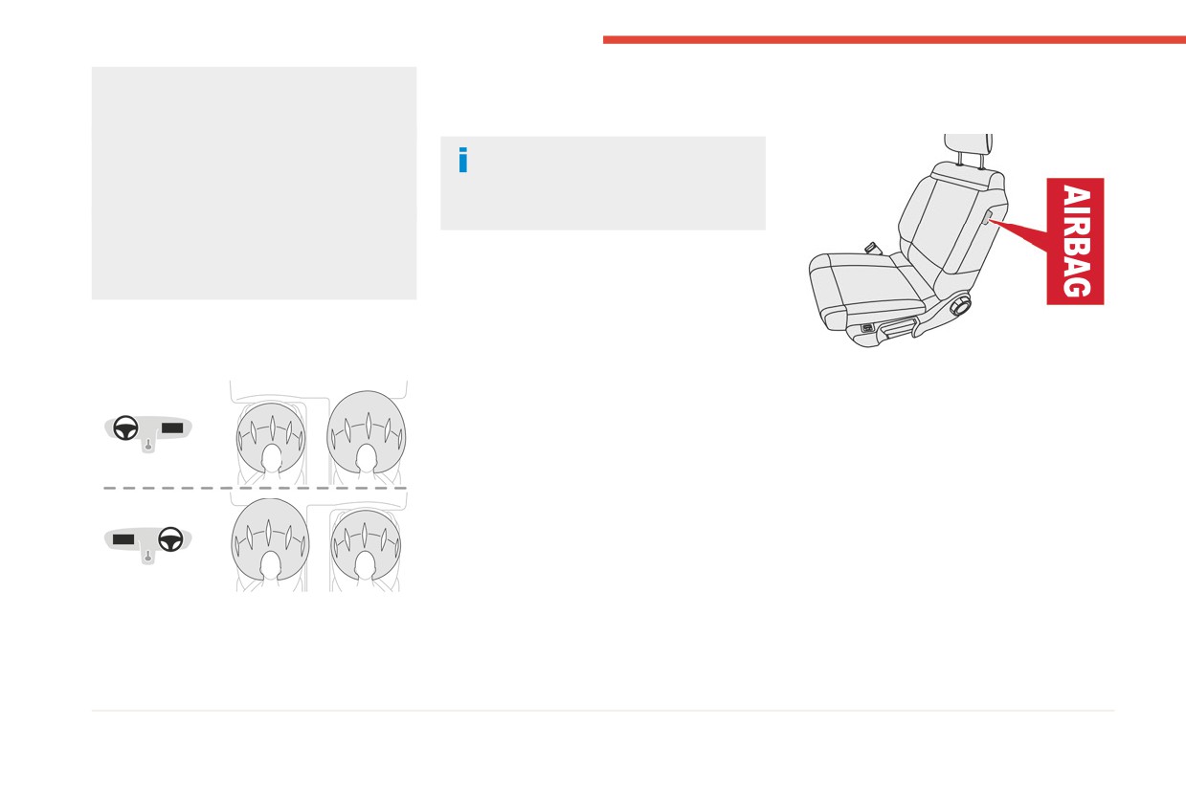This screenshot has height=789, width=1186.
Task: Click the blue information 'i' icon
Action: pos(463,160)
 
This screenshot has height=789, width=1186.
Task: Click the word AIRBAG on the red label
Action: pos(1076,241)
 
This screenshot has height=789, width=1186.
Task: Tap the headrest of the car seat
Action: pos(968,144)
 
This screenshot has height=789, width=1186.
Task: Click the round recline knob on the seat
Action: pos(960,306)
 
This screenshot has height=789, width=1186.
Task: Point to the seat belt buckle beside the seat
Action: pos(873,248)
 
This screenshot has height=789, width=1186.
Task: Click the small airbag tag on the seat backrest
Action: pos(987,217)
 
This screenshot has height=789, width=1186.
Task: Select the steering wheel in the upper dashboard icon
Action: pos(126,427)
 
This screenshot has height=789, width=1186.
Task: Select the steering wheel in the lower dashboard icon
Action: pos(170,539)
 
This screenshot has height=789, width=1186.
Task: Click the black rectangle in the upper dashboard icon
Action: pos(172,427)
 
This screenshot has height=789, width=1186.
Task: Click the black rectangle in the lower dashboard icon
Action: pos(123,539)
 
